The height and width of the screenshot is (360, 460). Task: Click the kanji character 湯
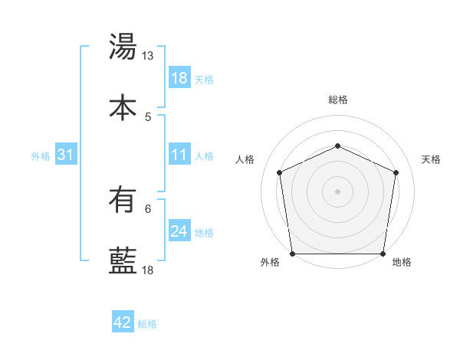click(123, 47)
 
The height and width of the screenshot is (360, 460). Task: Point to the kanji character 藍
click(123, 261)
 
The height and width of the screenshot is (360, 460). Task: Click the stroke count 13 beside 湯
click(148, 56)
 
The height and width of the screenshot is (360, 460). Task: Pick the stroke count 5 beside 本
click(148, 116)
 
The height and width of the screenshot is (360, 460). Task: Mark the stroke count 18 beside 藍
click(148, 270)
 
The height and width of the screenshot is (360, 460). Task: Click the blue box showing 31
click(66, 155)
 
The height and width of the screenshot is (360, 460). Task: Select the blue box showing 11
click(179, 155)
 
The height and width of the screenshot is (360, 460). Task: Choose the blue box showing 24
click(179, 232)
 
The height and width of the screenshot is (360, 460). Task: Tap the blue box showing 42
click(123, 323)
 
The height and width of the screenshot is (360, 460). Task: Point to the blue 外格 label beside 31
click(41, 156)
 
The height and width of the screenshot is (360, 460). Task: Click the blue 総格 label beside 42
click(148, 324)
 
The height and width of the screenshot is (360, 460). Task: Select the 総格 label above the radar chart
click(338, 100)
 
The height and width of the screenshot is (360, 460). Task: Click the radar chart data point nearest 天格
click(396, 172)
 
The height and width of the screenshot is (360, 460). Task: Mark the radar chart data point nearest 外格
click(292, 254)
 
